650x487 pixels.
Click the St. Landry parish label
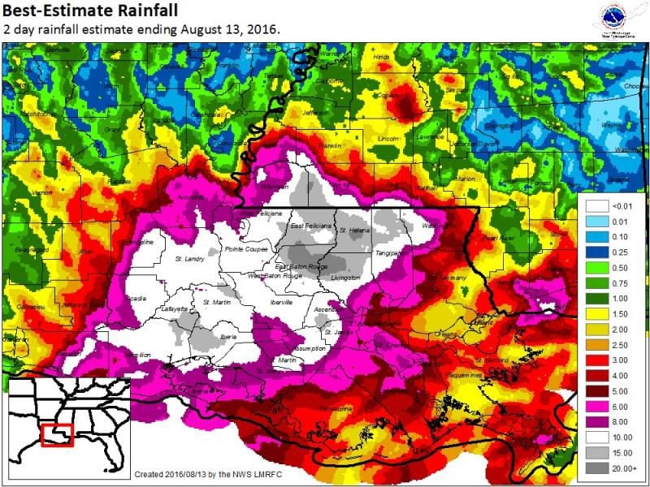[189, 259]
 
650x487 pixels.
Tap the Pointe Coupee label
[244, 248]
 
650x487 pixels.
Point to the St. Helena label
[354, 230]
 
